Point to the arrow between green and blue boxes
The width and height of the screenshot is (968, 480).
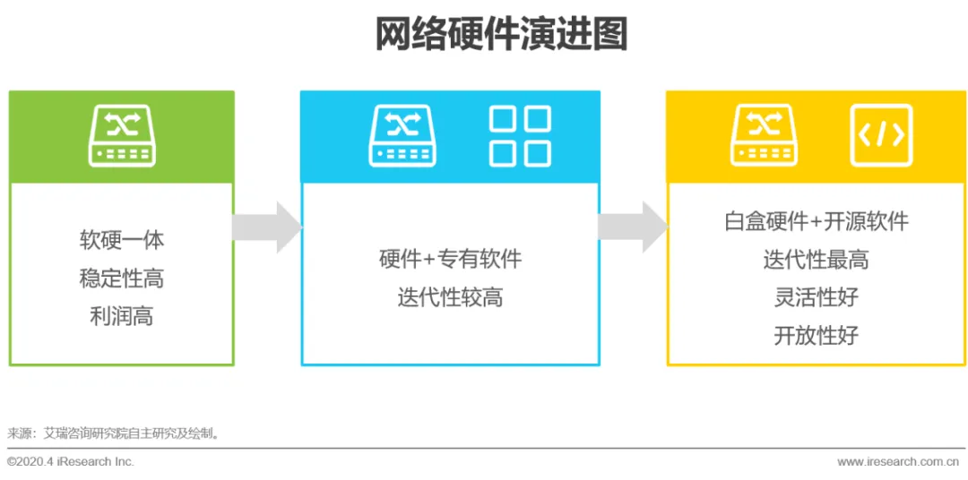click(266, 227)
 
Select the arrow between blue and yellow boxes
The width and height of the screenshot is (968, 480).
click(632, 227)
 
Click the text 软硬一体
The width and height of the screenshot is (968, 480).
click(122, 240)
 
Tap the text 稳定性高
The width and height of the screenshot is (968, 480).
click(122, 279)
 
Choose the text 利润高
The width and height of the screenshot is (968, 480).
click(122, 317)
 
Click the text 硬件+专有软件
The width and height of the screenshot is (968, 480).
click(450, 260)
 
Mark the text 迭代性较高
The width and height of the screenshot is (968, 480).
click(450, 297)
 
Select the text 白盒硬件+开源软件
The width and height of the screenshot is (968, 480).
click(816, 221)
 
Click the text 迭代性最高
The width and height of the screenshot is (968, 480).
click(816, 260)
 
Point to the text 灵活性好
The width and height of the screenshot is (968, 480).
click(816, 297)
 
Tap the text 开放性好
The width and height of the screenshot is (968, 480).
click(816, 336)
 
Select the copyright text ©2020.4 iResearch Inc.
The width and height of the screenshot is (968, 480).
click(71, 461)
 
